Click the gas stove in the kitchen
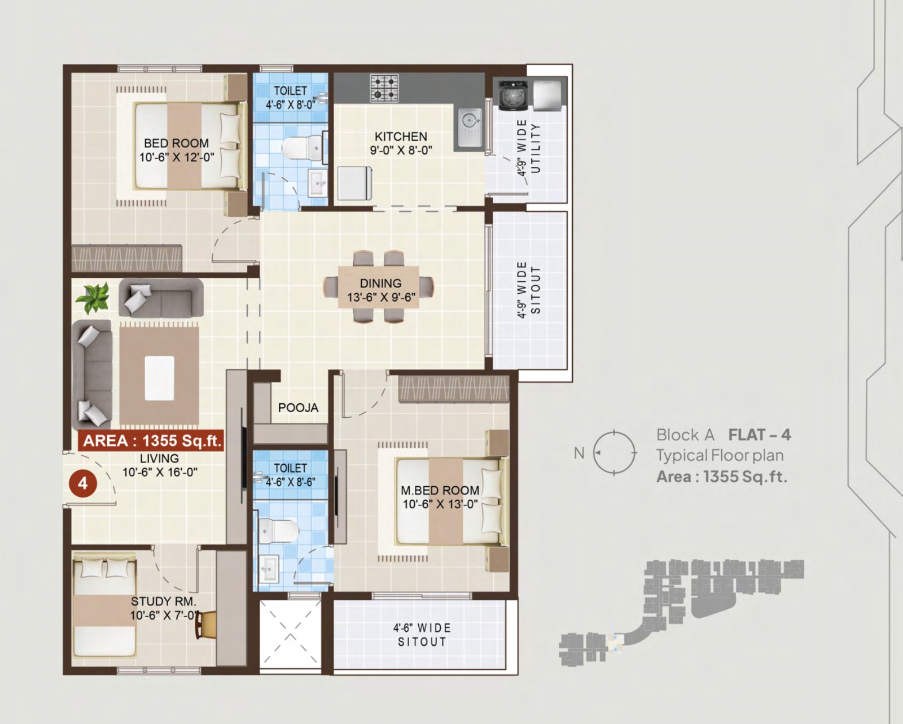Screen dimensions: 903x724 384,88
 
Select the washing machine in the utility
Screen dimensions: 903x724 513,95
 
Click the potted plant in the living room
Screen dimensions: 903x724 93,298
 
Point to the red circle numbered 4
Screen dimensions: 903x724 83,483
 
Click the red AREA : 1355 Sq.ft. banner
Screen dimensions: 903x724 151,440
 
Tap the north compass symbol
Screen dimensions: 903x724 614,453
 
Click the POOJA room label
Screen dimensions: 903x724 299,407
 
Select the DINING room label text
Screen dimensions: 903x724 380,283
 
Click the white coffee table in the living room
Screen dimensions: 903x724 160,378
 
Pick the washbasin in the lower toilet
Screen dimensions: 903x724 269,569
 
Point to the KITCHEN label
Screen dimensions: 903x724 401,137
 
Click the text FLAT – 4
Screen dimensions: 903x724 760,435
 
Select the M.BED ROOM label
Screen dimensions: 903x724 440,490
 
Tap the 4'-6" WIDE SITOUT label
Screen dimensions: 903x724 422,635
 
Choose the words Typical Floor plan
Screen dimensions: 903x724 720,456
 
